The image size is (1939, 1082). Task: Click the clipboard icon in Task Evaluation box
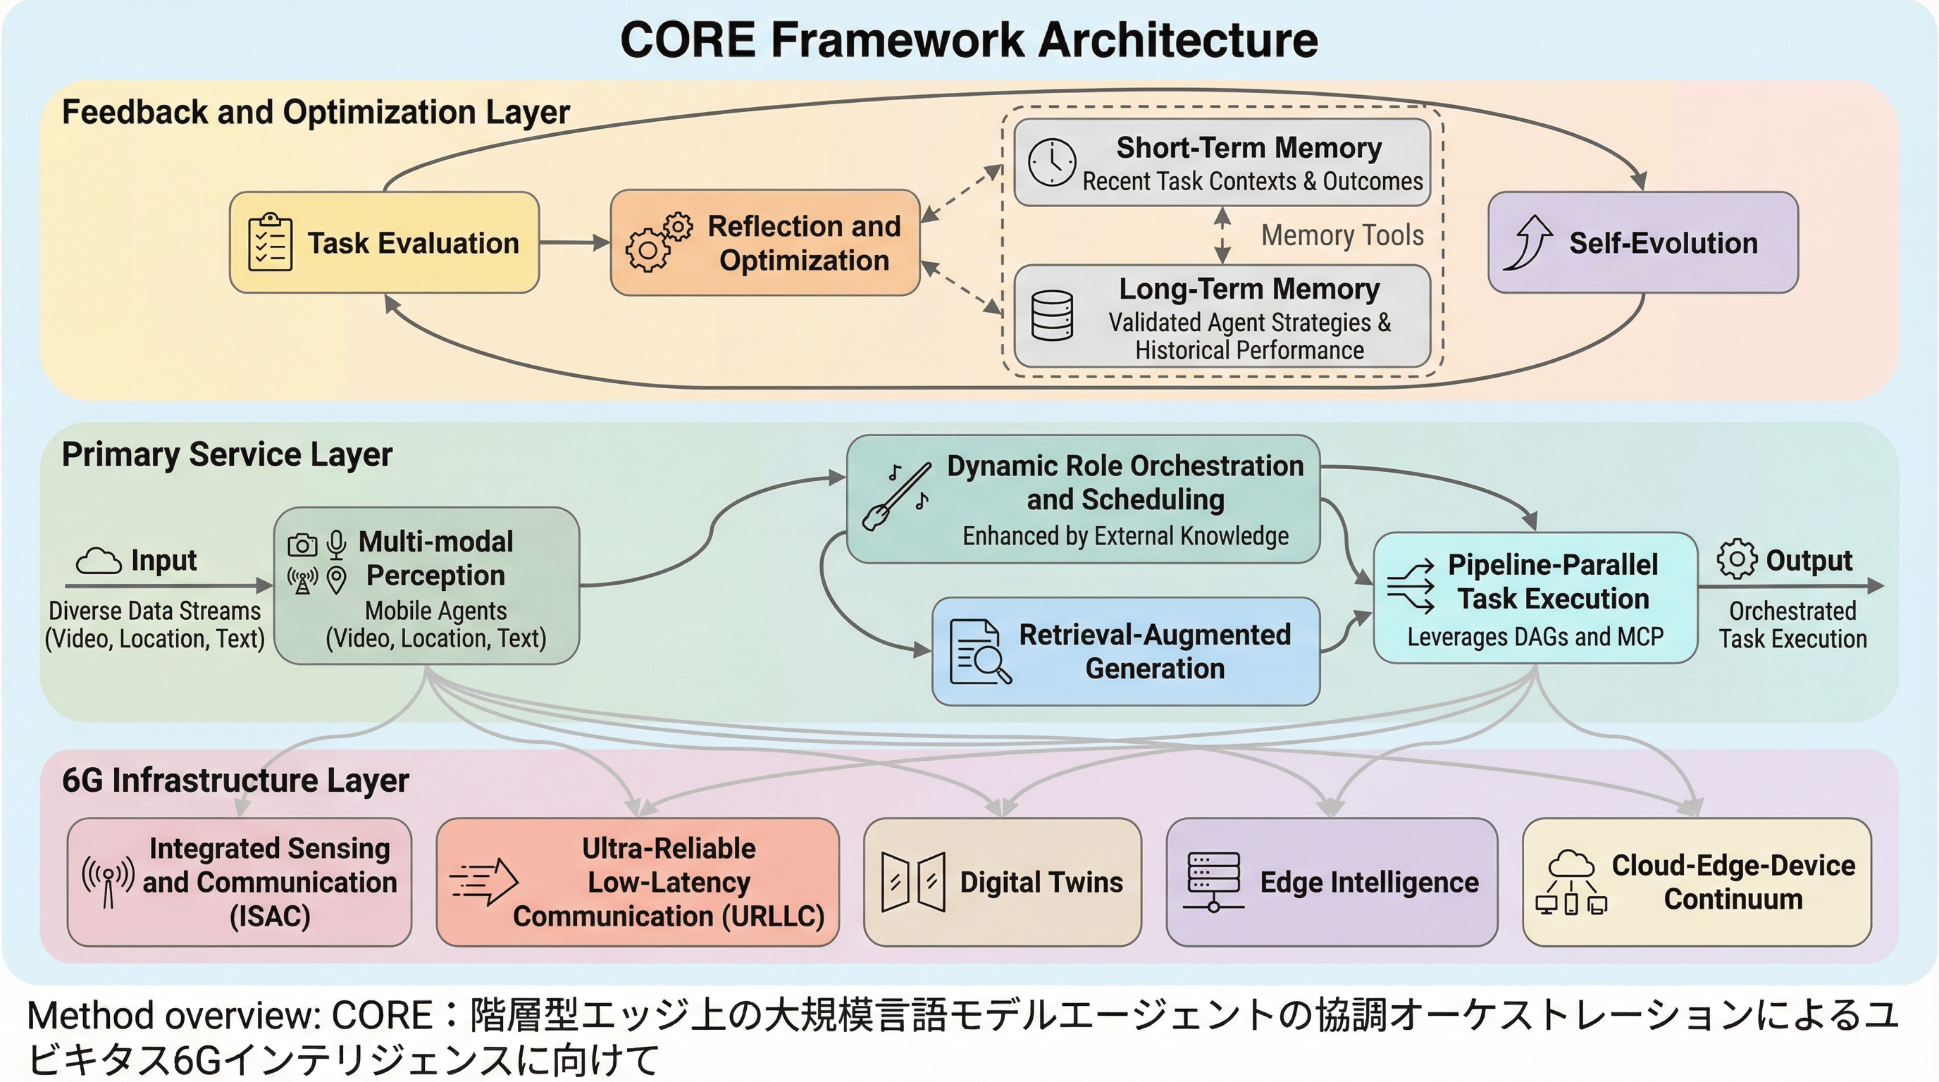click(x=269, y=242)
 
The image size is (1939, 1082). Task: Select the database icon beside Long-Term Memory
click(x=1051, y=316)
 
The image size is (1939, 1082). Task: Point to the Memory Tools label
click(x=1342, y=235)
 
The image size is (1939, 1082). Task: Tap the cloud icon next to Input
click(x=99, y=561)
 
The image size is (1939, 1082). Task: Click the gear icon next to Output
click(x=1737, y=559)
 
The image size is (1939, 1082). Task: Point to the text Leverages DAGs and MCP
click(x=1535, y=638)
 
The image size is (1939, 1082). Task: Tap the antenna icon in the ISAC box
click(x=109, y=881)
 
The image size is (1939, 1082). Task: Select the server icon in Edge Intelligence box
click(x=1213, y=881)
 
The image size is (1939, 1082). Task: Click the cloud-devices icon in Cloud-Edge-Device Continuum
click(x=1571, y=883)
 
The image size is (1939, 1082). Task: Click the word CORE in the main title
click(x=687, y=40)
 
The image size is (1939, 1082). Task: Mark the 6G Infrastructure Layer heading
click(x=235, y=781)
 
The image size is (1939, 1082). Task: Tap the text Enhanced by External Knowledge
click(x=1125, y=537)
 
